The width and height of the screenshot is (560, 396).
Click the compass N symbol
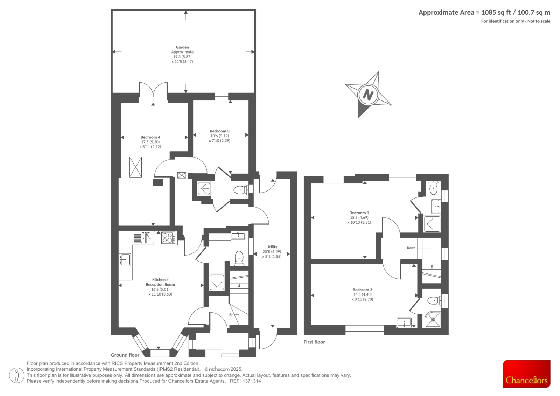[368, 95]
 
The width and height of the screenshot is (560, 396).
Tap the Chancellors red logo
[526, 374]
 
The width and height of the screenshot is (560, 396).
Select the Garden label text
[182, 47]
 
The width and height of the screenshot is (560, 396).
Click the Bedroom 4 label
[150, 137]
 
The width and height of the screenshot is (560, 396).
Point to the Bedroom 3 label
[219, 131]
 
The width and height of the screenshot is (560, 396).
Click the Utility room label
[272, 247]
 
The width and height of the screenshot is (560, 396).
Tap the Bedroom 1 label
[359, 213]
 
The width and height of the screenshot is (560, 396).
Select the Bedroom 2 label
[362, 290]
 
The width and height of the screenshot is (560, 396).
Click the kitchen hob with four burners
[168, 238]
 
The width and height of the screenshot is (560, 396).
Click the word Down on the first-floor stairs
[411, 248]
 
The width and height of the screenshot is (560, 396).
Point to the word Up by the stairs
[230, 314]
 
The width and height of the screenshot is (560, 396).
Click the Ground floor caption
[125, 355]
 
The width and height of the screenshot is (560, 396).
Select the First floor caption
[314, 342]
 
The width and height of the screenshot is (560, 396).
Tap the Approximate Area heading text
[484, 13]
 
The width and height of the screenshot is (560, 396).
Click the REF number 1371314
[252, 381]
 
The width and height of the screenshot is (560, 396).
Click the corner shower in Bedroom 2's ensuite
[433, 319]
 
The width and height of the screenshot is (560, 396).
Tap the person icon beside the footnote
[17, 375]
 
